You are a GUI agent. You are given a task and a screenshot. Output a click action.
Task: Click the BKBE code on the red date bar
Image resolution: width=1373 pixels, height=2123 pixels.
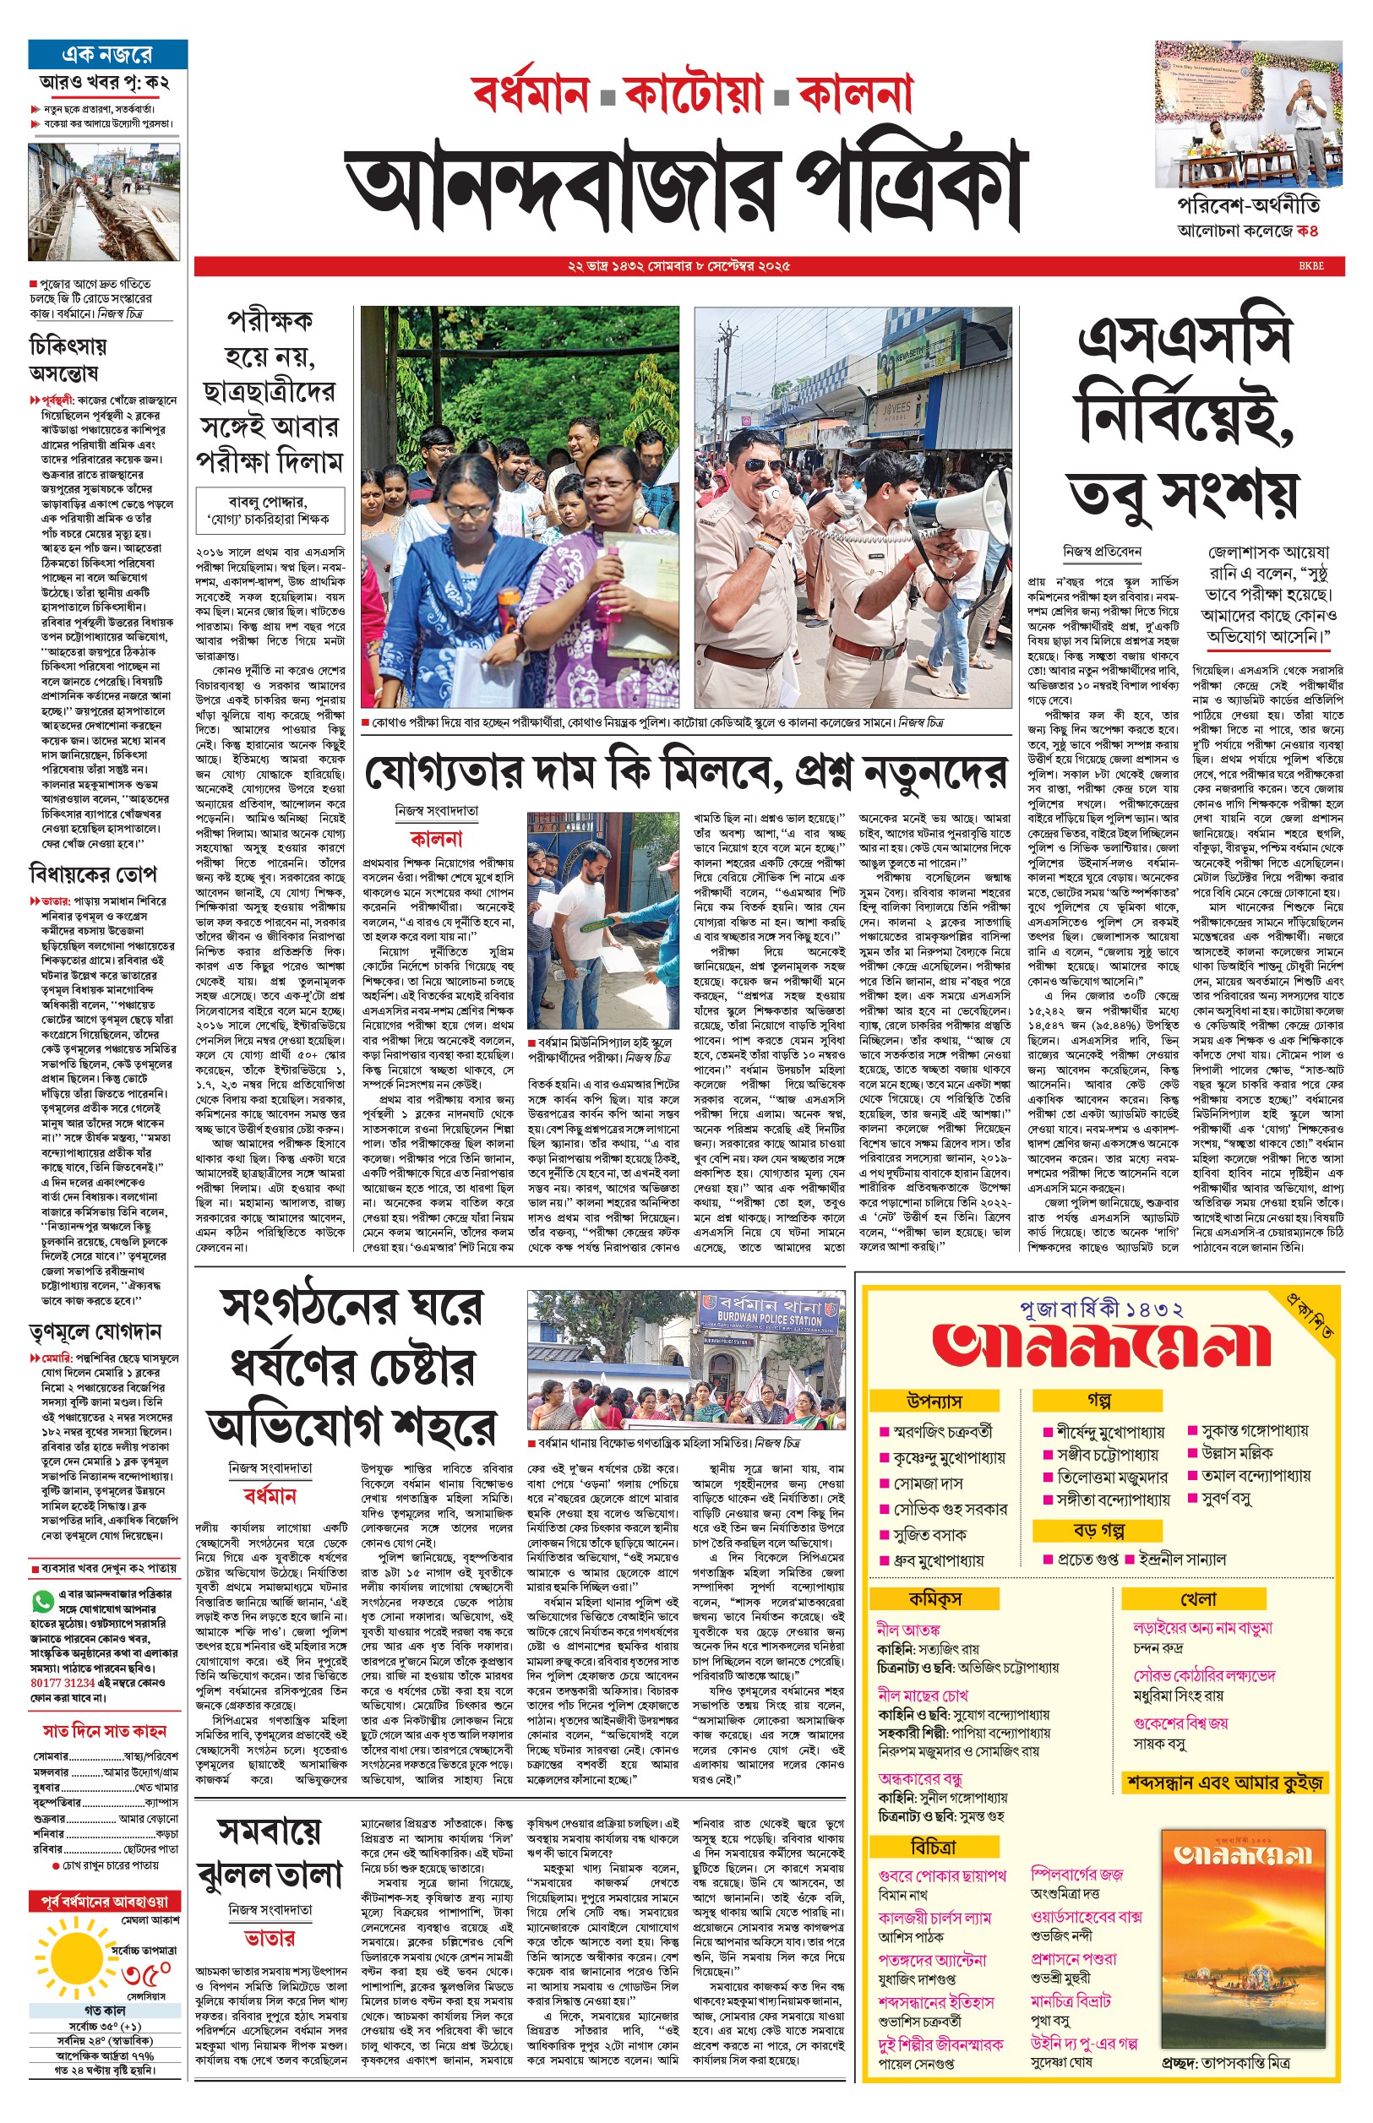(x=1310, y=265)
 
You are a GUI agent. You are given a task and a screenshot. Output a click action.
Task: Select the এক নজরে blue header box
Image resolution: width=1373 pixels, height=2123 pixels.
(x=108, y=54)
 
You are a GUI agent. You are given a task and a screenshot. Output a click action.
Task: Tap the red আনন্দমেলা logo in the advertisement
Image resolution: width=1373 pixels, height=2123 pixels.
(x=1100, y=1346)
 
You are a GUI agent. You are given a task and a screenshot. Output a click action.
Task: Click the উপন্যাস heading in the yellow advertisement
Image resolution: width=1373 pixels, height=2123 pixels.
(x=934, y=1401)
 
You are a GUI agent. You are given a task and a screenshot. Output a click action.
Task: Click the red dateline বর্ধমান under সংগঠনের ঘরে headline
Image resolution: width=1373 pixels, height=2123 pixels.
(x=270, y=1494)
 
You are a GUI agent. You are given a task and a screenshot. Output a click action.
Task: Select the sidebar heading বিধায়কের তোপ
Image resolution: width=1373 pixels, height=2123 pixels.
(x=93, y=873)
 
